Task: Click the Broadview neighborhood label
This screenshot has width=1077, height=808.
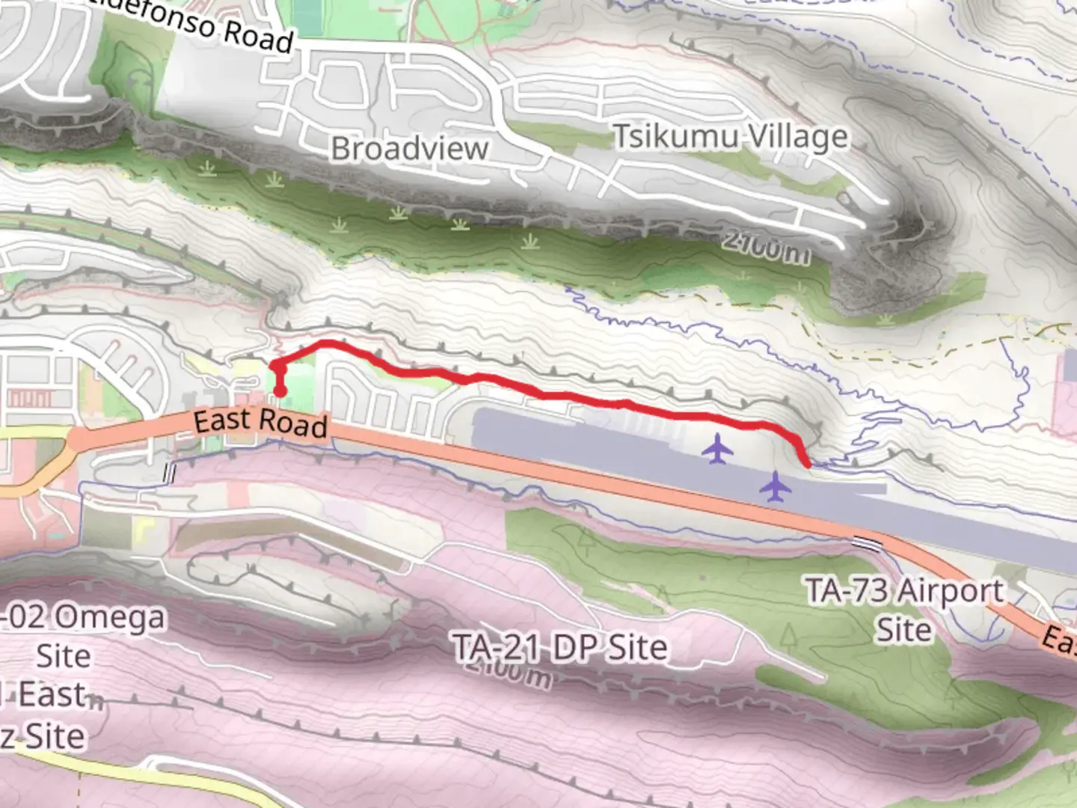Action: (x=409, y=148)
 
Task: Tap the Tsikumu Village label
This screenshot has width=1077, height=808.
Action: (x=731, y=137)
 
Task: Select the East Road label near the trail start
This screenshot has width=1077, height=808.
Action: (x=260, y=421)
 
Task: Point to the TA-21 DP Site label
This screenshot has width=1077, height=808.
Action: (x=560, y=647)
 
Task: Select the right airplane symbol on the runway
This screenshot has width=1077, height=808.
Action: (x=776, y=487)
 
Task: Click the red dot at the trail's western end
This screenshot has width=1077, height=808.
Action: (x=280, y=390)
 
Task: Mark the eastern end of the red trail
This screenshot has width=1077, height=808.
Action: (x=807, y=464)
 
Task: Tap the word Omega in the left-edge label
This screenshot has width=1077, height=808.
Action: (x=109, y=619)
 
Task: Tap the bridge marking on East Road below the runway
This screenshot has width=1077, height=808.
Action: (x=868, y=542)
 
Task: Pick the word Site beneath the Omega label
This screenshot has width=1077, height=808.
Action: (x=64, y=656)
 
